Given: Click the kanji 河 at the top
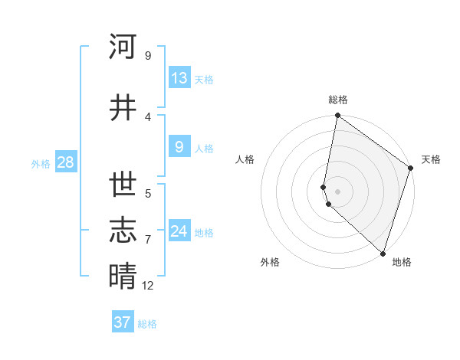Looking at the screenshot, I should point(123,47).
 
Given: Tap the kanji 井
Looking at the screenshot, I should point(123,108).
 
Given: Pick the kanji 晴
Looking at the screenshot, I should point(123,276).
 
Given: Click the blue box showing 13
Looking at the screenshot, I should point(179,78).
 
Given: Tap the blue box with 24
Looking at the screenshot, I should point(179,231).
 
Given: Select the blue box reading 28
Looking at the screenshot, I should point(65,162).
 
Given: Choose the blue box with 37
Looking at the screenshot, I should point(123,322).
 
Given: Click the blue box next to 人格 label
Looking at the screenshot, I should point(179,148).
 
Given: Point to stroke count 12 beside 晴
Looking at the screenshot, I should point(148,286).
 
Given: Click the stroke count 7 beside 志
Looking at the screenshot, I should point(148,240).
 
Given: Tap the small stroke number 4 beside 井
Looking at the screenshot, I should point(148,117).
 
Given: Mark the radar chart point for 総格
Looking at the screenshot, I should point(337,116).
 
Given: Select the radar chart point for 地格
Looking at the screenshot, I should point(383,253).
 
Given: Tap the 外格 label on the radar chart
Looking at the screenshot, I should point(270,263).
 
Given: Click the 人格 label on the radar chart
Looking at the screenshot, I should point(245,160).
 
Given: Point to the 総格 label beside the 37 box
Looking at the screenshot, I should point(148,324).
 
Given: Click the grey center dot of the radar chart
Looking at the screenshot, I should point(337,191).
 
